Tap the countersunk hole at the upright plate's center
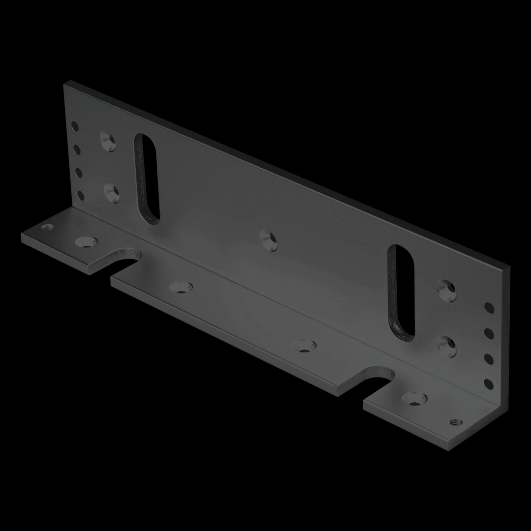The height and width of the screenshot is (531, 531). [x=268, y=239]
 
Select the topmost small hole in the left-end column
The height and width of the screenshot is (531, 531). [x=75, y=126]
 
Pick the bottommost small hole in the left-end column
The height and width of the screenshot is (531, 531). [x=80, y=196]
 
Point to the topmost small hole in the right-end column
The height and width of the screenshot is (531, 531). [x=489, y=308]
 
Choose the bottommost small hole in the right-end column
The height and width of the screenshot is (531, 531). [x=488, y=383]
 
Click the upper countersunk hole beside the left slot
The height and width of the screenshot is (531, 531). [x=108, y=142]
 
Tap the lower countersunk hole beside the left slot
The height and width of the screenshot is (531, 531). [x=112, y=193]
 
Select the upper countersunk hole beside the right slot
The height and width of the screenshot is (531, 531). [x=446, y=290]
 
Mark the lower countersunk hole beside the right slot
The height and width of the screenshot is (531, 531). [x=446, y=347]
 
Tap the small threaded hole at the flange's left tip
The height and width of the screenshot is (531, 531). [x=48, y=228]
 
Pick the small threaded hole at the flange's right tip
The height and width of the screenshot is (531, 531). [x=455, y=421]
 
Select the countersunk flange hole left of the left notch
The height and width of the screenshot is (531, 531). [x=86, y=241]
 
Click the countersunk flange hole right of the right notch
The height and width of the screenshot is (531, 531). [x=414, y=398]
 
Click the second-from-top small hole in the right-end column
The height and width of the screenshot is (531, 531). [x=489, y=334]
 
